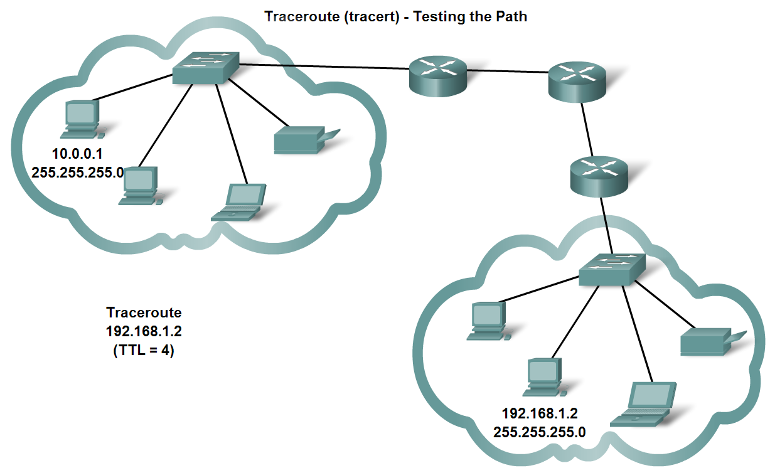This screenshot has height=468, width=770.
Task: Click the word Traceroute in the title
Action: click(302, 16)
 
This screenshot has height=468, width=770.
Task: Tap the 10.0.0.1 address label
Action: click(77, 154)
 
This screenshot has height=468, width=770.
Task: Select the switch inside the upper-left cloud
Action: click(206, 68)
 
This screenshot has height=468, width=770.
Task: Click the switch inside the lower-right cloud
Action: click(612, 269)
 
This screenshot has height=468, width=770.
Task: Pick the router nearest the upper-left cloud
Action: click(438, 77)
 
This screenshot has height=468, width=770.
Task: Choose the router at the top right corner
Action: click(577, 82)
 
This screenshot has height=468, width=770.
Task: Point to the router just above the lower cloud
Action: click(599, 177)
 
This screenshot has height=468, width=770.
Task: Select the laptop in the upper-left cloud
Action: click(239, 203)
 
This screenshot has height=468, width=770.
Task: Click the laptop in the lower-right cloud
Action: click(643, 404)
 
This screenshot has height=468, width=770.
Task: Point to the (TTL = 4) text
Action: click(144, 350)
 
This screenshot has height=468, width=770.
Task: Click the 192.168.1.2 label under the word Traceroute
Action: click(144, 331)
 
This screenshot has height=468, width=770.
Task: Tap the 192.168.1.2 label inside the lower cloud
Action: click(540, 413)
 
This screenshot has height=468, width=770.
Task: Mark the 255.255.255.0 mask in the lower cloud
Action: click(540, 432)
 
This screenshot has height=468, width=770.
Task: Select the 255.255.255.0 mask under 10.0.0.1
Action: click(78, 172)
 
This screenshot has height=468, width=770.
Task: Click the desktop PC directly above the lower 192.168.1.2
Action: click(545, 377)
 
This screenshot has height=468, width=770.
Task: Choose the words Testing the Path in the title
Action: click(470, 16)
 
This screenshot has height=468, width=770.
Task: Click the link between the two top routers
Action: click(508, 71)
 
